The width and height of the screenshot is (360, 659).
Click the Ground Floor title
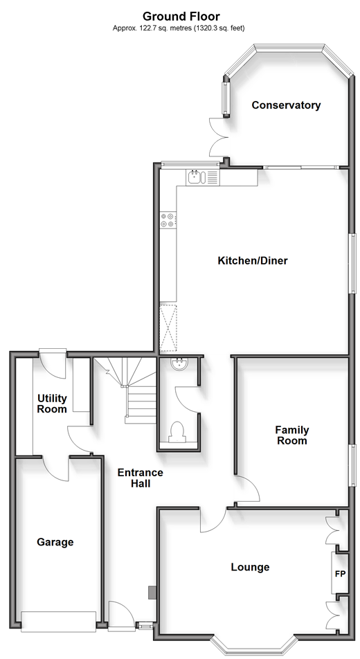click(x=181, y=17)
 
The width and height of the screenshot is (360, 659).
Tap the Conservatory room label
click(x=286, y=105)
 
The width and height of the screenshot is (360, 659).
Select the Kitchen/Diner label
click(x=253, y=260)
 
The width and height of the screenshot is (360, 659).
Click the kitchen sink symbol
click(x=195, y=177)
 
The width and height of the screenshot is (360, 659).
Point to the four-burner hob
click(x=168, y=220)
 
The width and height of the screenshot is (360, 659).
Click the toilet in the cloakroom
click(x=177, y=433)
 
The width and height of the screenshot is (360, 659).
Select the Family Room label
click(x=292, y=435)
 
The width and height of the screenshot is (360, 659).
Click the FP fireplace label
click(x=340, y=573)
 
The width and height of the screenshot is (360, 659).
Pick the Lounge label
click(x=250, y=567)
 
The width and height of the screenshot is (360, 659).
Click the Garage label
click(x=55, y=542)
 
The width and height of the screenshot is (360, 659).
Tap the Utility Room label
click(x=52, y=404)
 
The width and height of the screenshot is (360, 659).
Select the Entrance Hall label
click(x=140, y=478)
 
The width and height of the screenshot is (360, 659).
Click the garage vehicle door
click(x=58, y=622)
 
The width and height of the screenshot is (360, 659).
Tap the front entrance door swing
click(x=121, y=615)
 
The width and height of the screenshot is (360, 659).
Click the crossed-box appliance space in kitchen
click(x=168, y=327)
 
